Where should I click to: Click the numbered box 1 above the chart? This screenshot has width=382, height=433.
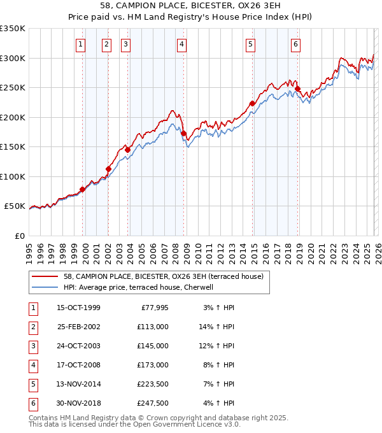(x=81, y=44)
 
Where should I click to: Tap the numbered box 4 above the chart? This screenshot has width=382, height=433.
(x=182, y=44)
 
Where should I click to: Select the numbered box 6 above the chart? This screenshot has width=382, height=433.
(x=296, y=44)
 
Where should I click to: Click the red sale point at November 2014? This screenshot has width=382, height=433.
(x=252, y=103)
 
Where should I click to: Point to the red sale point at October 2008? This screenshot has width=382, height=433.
(x=184, y=134)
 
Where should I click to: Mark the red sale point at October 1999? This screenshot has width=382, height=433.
(x=83, y=190)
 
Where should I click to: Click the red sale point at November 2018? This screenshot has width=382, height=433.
(x=298, y=89)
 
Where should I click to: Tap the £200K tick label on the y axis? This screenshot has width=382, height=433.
(x=13, y=117)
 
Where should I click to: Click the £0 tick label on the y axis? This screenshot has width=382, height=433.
(x=19, y=236)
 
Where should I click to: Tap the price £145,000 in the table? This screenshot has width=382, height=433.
(x=152, y=346)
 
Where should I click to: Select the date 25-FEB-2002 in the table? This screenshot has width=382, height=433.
(x=78, y=327)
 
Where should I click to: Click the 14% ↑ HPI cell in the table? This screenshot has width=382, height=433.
(x=216, y=327)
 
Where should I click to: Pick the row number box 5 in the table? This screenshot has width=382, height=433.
(x=32, y=385)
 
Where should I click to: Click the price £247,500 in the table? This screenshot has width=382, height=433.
(x=152, y=404)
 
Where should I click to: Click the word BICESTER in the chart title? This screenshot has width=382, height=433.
(x=180, y=7)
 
